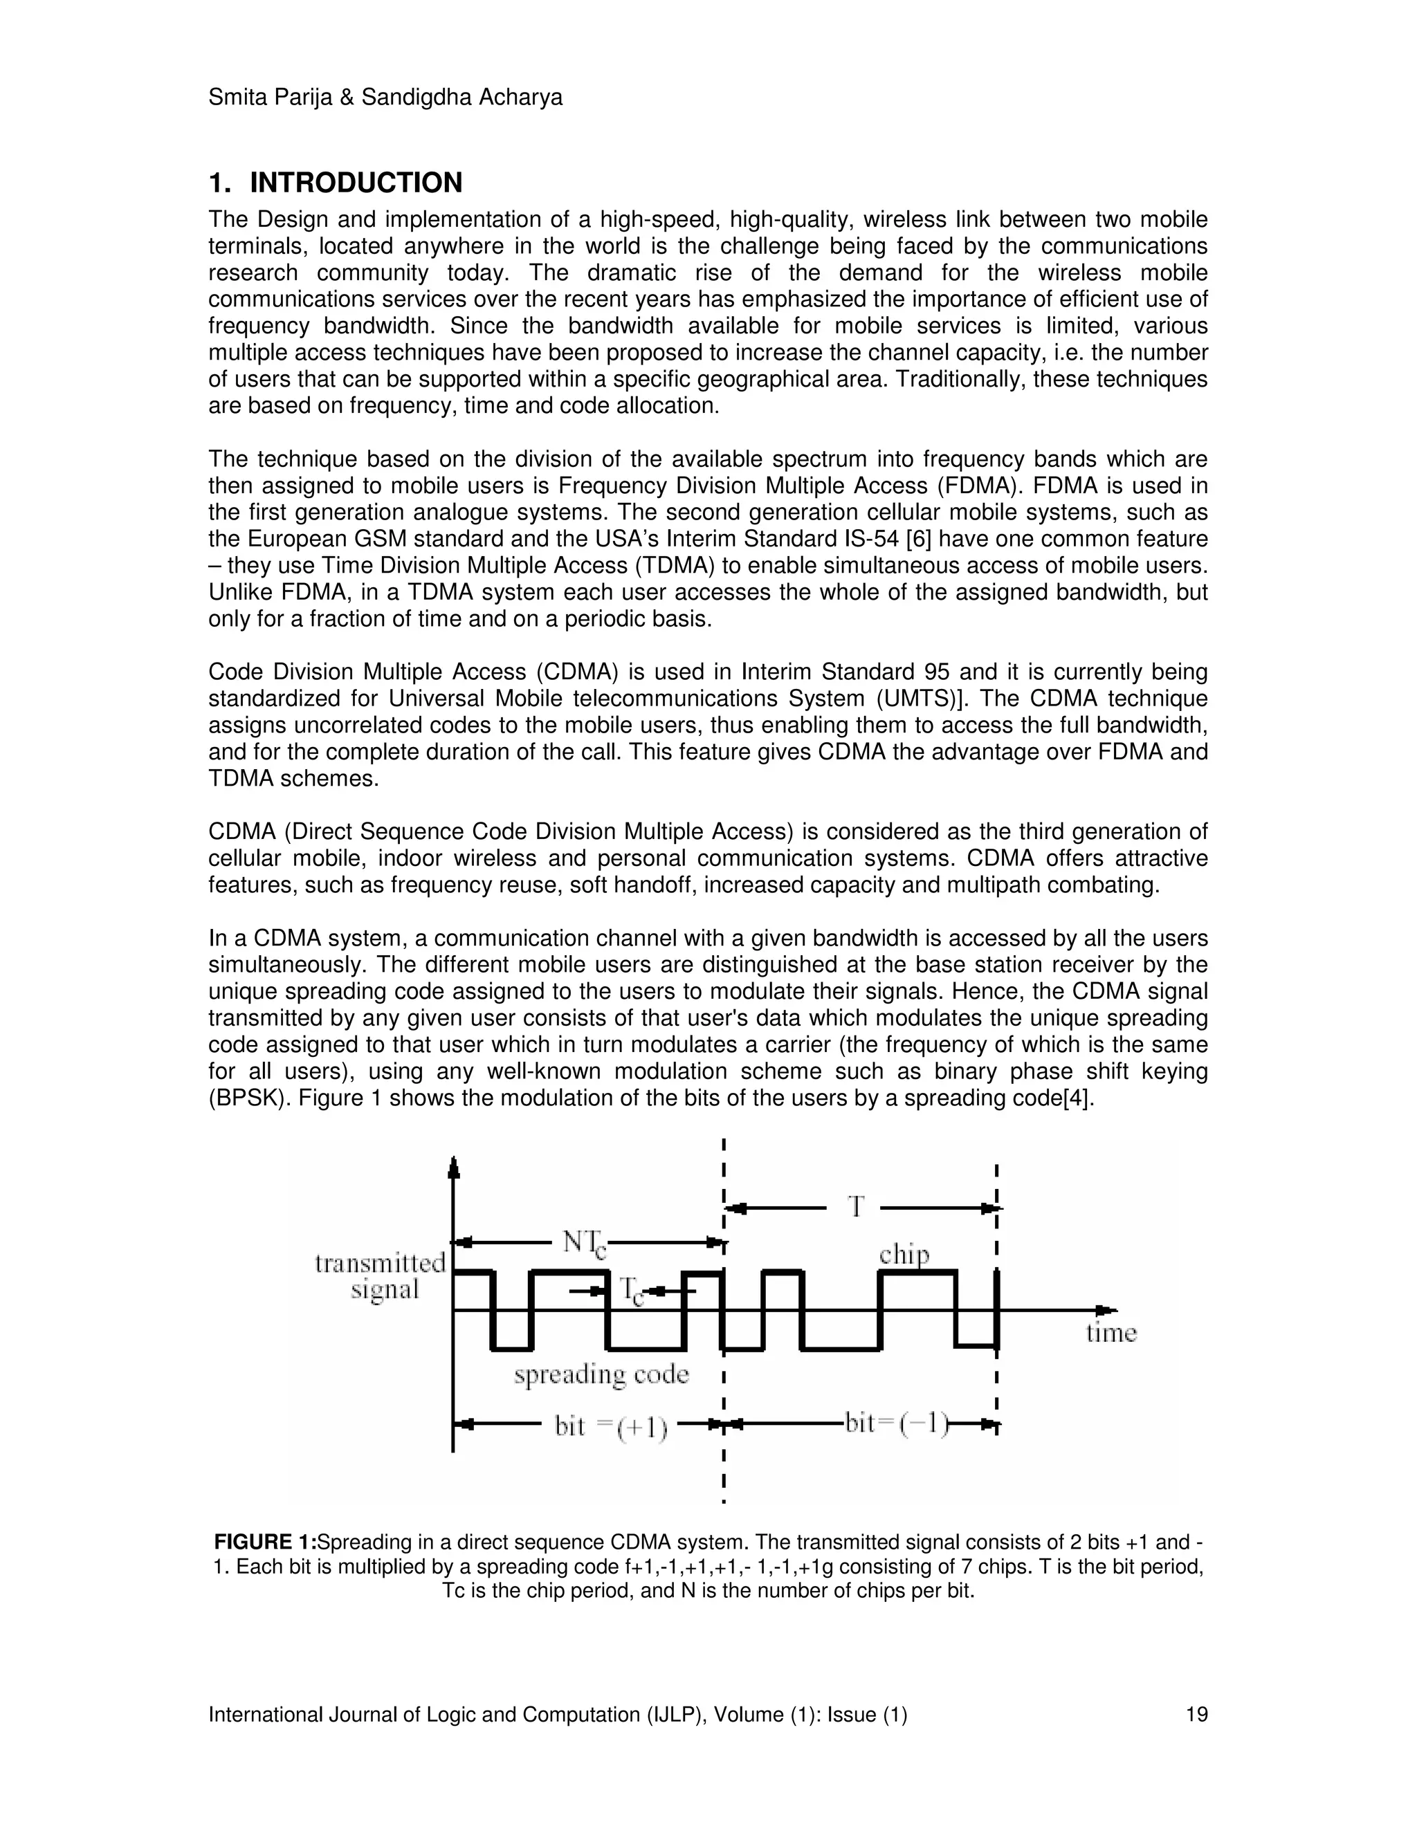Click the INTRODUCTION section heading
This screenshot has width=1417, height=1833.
pyautogui.click(x=356, y=182)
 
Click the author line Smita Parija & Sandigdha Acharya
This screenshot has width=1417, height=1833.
pyautogui.click(x=385, y=98)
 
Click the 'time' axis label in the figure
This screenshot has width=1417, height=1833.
pyautogui.click(x=1110, y=1333)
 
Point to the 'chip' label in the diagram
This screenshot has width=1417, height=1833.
pyautogui.click(x=904, y=1255)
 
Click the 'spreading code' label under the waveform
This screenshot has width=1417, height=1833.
pyautogui.click(x=601, y=1375)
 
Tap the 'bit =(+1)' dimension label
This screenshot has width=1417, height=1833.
pyautogui.click(x=611, y=1428)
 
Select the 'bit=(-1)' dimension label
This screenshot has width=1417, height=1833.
pyautogui.click(x=897, y=1424)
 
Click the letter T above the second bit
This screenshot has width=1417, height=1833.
pyautogui.click(x=855, y=1207)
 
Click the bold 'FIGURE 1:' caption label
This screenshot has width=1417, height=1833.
pyautogui.click(x=265, y=1542)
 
